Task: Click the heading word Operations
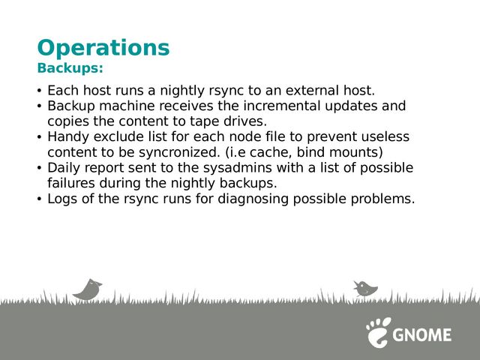(x=103, y=48)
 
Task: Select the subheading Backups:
(x=70, y=68)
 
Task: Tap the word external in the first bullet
(x=312, y=91)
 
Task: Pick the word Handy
(x=68, y=137)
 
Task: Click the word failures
(x=71, y=183)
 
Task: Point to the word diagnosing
(x=253, y=199)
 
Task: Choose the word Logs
(x=62, y=199)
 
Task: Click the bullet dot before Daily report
(x=39, y=168)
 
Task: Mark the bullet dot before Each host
(x=39, y=91)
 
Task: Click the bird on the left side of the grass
(x=88, y=289)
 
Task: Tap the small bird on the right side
(x=365, y=289)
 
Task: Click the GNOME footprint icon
(x=378, y=332)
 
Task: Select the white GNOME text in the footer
(x=422, y=335)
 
